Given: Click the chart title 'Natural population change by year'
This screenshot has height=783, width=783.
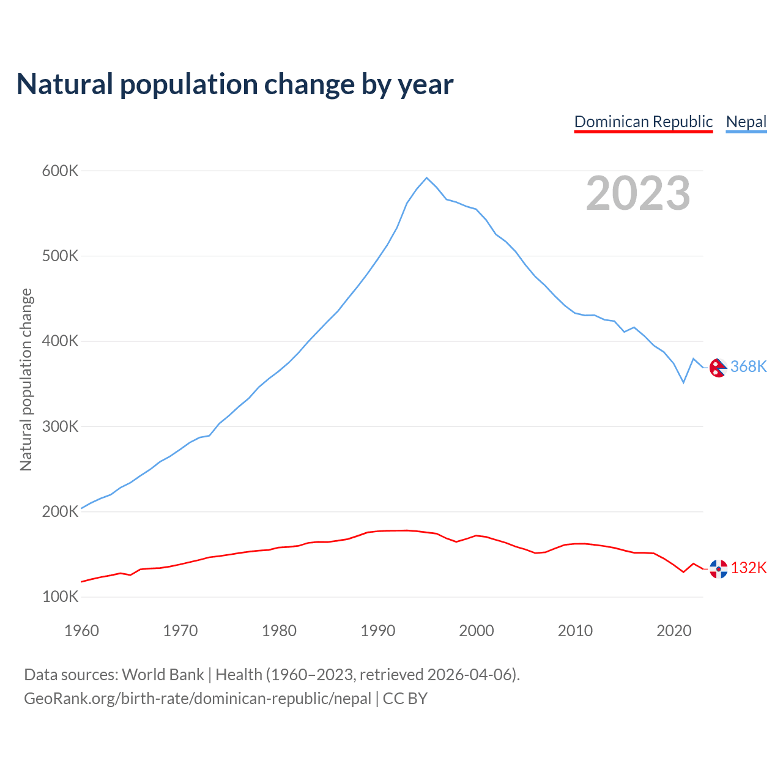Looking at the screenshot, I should (235, 84).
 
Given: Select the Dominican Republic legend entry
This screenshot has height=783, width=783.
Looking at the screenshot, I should (643, 122).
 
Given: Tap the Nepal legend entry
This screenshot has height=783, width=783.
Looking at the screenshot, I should (746, 122).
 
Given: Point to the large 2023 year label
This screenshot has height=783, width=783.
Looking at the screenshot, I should (637, 193).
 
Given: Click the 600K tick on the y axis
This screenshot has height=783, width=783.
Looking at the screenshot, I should (60, 171).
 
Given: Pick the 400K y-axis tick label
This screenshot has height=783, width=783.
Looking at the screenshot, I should (60, 341).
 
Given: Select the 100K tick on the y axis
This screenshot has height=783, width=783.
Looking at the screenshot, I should (60, 596).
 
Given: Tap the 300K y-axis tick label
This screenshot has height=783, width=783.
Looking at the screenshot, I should (60, 426).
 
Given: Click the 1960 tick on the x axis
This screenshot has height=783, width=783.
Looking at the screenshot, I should (81, 631).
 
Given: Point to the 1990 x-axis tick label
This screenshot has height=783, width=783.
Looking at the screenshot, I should (377, 631).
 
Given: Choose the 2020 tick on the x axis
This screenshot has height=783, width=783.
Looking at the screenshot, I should (674, 631).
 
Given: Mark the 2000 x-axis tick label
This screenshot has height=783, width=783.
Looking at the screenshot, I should (476, 631).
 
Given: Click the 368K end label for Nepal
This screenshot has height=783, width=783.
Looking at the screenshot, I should (748, 366).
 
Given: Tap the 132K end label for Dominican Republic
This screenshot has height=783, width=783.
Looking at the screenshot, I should (748, 568).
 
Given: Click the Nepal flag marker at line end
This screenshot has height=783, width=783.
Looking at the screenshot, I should (718, 368).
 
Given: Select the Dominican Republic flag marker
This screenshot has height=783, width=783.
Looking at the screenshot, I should (718, 569).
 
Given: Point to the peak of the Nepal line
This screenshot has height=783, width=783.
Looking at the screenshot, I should (426, 178).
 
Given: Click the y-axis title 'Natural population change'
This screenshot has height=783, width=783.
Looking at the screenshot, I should (26, 379).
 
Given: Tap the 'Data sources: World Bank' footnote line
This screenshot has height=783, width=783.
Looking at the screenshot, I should (272, 674).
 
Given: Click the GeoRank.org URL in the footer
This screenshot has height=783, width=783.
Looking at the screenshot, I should (198, 699).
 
